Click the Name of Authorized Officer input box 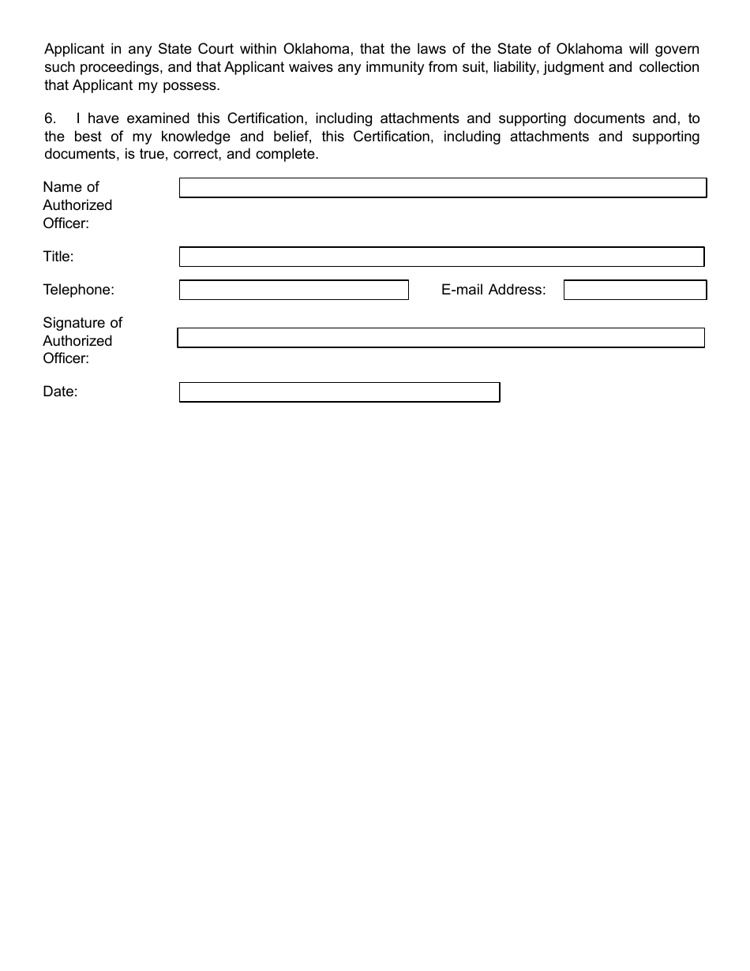442,188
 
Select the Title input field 441,257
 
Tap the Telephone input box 294,291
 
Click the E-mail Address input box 635,291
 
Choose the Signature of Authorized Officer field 441,338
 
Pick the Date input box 339,392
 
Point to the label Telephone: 78,290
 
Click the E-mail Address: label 493,290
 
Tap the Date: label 60,392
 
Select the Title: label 58,257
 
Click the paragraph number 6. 51,119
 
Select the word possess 193,85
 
